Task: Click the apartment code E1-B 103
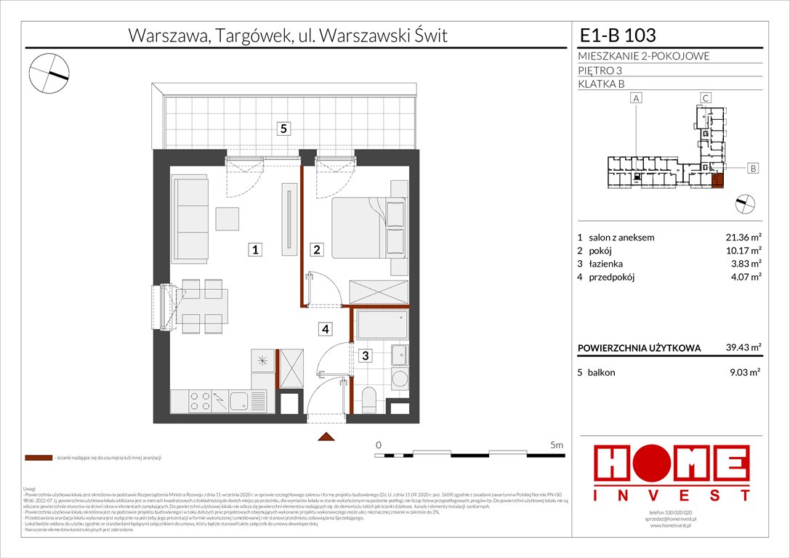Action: pos(618,35)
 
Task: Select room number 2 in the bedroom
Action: pos(317,250)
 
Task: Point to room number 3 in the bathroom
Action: pos(366,355)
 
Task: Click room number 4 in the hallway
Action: pos(326,330)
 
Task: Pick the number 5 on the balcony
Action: pos(285,129)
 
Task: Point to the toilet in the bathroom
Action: pos(368,400)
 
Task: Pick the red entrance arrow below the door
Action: pos(326,437)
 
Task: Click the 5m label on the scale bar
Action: pos(556,444)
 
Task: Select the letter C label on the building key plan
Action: pos(704,98)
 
